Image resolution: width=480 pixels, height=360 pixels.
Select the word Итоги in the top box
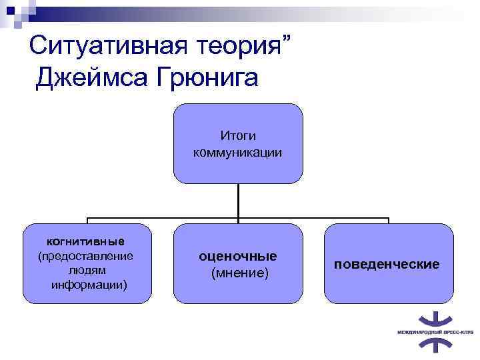tap(238, 135)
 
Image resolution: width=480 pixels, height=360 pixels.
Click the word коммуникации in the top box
tap(238, 152)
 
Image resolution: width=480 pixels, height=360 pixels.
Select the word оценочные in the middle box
tap(238, 257)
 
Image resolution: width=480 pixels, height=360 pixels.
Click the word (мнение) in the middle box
tap(238, 273)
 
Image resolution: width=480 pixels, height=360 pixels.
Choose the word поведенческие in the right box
tap(387, 265)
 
